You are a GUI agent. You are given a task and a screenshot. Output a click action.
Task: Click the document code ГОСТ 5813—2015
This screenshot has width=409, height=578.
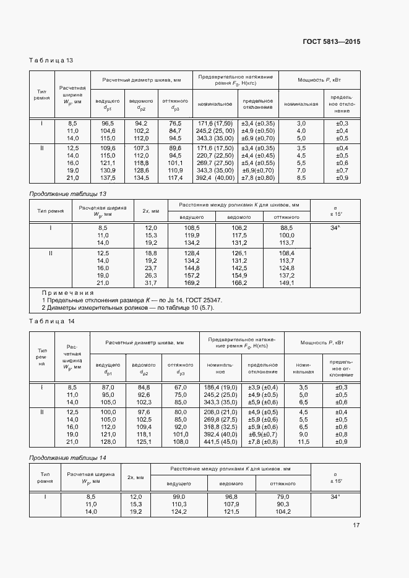[x=331, y=41]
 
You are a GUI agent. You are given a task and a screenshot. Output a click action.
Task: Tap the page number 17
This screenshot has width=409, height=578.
[x=356, y=525]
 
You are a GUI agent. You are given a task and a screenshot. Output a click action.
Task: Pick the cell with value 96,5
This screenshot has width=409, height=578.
[x=108, y=124]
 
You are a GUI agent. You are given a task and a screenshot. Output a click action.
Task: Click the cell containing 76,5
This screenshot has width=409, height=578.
[x=175, y=124]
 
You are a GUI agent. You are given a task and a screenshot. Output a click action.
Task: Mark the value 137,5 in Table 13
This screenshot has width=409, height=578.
[x=108, y=178]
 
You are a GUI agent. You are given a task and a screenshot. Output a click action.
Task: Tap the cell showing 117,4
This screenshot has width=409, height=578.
[x=175, y=178]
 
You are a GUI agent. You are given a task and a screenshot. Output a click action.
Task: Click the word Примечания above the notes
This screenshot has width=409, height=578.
[x=67, y=292]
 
